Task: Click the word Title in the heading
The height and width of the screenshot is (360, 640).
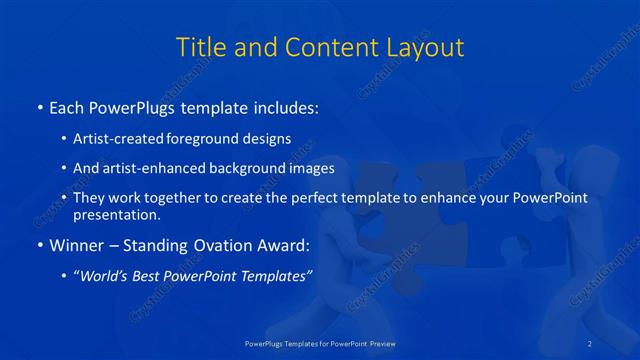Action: [x=200, y=47]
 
